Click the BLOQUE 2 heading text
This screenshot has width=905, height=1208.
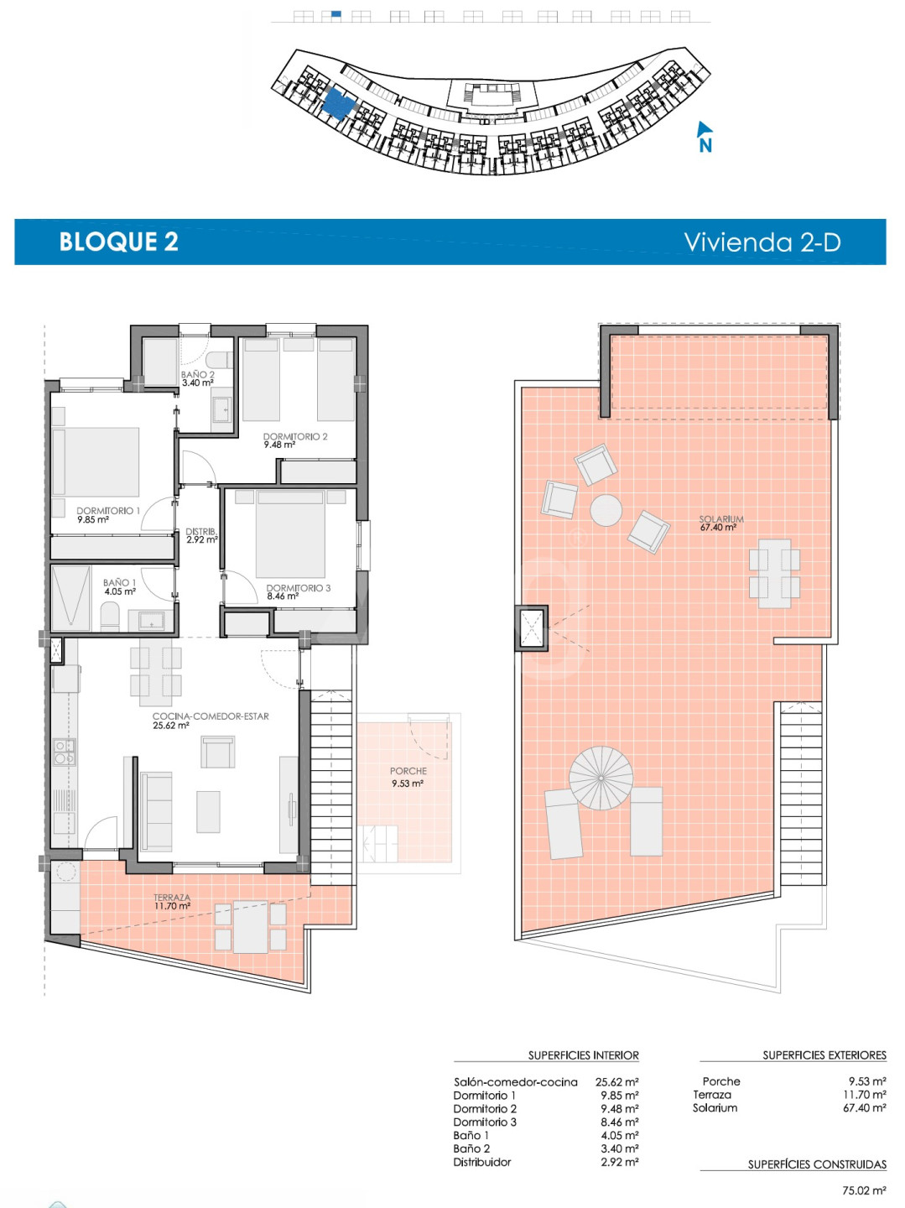point(118,242)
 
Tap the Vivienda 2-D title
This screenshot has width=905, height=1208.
point(762,242)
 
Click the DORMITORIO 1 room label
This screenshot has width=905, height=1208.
point(108,511)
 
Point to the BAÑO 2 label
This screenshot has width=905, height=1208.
point(197,374)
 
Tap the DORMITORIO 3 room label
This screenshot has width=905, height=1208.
point(299,588)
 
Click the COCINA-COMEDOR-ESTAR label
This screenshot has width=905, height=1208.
point(211,716)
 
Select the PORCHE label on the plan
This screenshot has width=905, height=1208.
point(408,771)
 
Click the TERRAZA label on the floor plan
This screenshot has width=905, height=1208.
point(172,898)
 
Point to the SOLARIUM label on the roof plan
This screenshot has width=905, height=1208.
point(721,518)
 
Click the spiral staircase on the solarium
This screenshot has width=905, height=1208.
point(601,778)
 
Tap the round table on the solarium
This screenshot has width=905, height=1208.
point(606,510)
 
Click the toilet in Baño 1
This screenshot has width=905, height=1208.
point(110,617)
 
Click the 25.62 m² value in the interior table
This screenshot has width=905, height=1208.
point(616,1081)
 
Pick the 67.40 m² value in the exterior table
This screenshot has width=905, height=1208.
point(864,1108)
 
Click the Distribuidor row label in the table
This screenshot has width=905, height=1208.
point(482,1162)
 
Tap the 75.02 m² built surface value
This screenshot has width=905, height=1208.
point(864,1190)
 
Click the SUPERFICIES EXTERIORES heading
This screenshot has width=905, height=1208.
point(824,1055)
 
